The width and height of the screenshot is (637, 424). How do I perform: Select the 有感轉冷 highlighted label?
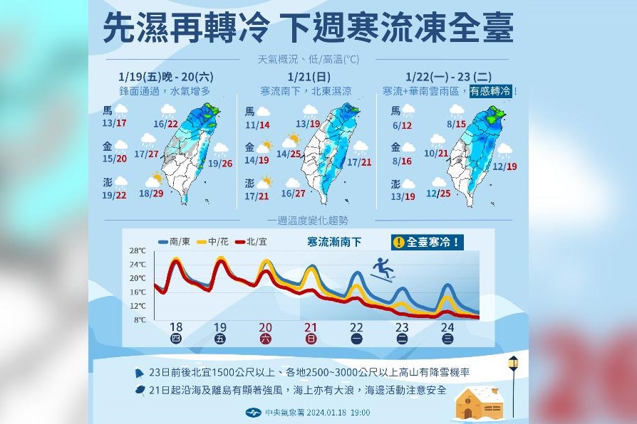click(491, 91)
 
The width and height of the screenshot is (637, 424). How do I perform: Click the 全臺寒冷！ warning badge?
click(428, 242)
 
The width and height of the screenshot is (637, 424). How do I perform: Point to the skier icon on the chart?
click(383, 270)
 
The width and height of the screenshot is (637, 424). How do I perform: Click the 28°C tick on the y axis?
click(138, 251)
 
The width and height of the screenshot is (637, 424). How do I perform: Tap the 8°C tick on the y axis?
click(139, 320)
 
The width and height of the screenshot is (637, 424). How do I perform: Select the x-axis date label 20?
click(265, 328)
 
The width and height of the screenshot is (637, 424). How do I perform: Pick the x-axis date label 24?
click(447, 328)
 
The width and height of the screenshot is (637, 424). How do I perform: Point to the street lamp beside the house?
click(513, 384)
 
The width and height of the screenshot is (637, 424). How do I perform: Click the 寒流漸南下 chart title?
click(333, 242)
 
